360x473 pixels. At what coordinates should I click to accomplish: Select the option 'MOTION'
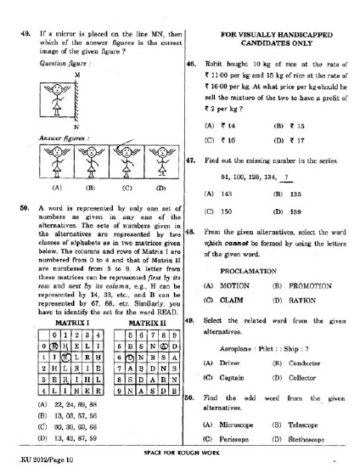pyautogui.click(x=231, y=286)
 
